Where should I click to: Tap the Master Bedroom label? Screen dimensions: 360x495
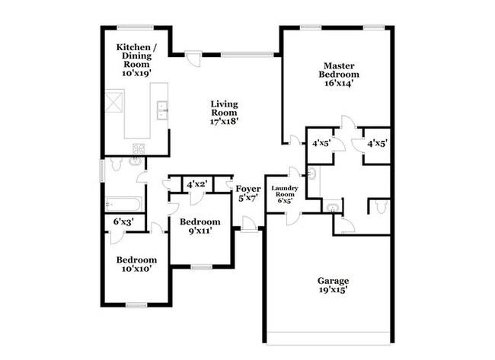click(340, 74)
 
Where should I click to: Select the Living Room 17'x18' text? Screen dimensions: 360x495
click(224, 112)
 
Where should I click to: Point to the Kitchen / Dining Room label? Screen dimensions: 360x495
click(137, 60)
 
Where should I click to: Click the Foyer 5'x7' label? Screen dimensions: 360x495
click(247, 192)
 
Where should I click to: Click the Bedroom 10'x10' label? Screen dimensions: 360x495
click(136, 263)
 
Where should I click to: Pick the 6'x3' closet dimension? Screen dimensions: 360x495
click(123, 221)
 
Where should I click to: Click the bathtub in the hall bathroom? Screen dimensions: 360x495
click(123, 203)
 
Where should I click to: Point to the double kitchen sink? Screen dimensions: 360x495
click(161, 111)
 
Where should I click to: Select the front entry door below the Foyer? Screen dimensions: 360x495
click(248, 223)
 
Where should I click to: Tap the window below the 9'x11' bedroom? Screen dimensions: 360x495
click(201, 266)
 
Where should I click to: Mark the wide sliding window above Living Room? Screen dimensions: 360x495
click(247, 53)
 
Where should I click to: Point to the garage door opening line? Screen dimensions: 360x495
click(330, 341)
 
